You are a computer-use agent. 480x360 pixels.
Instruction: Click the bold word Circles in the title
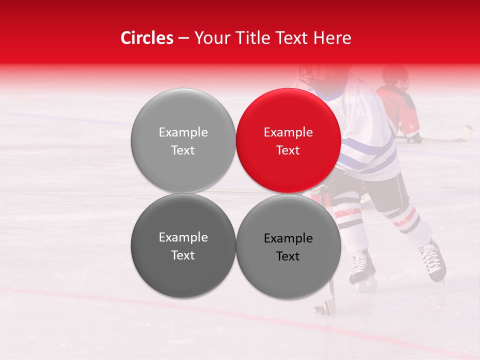click(x=146, y=38)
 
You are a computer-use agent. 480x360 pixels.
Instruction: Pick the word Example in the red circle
click(x=288, y=132)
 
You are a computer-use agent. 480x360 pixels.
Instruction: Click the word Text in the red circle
click(x=288, y=150)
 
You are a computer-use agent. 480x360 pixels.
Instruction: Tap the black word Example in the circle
click(x=288, y=238)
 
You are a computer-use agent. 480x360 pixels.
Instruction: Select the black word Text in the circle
click(x=288, y=256)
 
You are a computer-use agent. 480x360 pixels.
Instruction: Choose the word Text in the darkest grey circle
click(x=183, y=255)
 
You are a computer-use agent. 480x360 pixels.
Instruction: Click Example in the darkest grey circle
click(x=183, y=237)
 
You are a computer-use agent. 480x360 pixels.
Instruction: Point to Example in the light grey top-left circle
click(x=183, y=132)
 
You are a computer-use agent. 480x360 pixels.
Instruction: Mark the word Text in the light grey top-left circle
click(x=183, y=150)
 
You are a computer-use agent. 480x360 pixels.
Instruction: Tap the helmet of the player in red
click(x=395, y=75)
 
